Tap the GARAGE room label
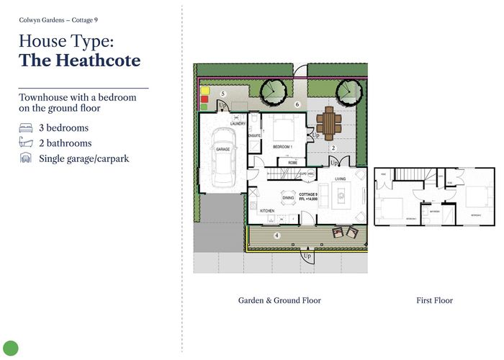click(x=223, y=149)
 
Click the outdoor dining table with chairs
click(x=330, y=122)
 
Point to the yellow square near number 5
click(x=204, y=91)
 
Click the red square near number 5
click(x=204, y=99)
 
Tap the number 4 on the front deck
click(x=276, y=235)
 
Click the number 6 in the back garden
click(x=297, y=104)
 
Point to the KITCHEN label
click(x=267, y=211)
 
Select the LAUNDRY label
click(x=238, y=123)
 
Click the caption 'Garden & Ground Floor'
click(x=279, y=300)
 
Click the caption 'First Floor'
click(x=434, y=300)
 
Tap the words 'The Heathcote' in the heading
click(x=80, y=60)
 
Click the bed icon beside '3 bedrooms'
click(x=26, y=128)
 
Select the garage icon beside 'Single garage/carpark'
click(x=26, y=158)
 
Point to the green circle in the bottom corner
click(x=10, y=348)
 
